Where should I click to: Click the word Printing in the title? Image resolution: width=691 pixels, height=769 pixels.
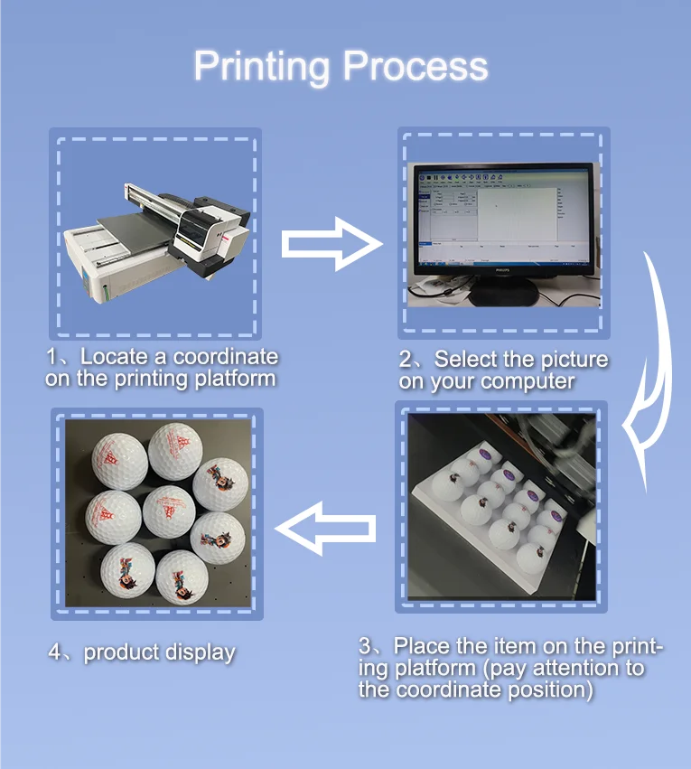(261, 67)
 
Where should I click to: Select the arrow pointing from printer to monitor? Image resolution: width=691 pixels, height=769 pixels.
(331, 242)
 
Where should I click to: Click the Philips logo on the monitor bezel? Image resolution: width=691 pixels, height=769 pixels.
(500, 270)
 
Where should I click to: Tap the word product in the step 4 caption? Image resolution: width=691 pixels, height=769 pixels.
(121, 652)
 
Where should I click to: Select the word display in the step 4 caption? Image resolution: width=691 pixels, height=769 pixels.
(201, 652)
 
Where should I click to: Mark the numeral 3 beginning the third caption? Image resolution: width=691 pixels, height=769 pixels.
(365, 647)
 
